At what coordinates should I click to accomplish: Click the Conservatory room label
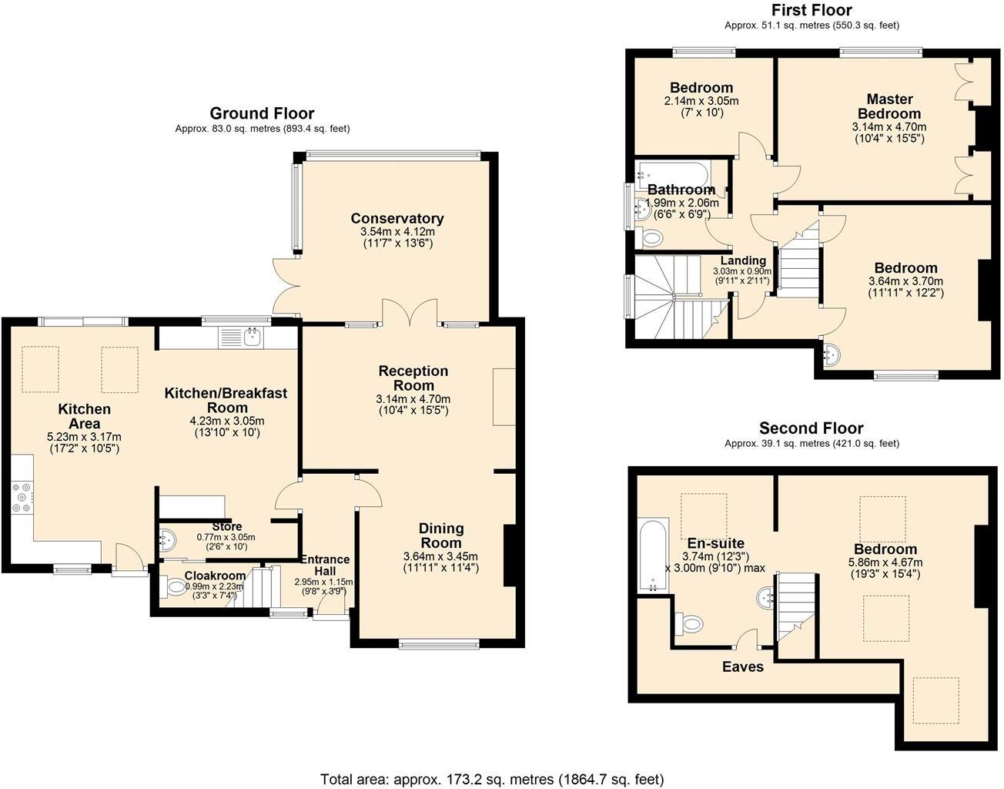(x=397, y=218)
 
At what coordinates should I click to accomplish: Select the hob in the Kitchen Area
(x=22, y=497)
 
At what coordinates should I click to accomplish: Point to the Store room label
(x=226, y=527)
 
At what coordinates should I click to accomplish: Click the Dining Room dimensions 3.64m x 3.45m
(x=440, y=556)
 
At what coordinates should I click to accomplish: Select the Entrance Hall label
(x=325, y=565)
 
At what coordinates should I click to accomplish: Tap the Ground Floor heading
(x=262, y=114)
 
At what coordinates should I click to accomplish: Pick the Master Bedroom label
(x=889, y=106)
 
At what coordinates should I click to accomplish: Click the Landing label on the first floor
(x=743, y=260)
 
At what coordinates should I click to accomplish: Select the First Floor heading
(x=812, y=10)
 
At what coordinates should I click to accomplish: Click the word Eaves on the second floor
(x=743, y=666)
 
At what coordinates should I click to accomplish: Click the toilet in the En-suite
(x=690, y=622)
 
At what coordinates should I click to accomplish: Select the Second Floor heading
(x=812, y=428)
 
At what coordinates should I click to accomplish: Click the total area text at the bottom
(x=491, y=779)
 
